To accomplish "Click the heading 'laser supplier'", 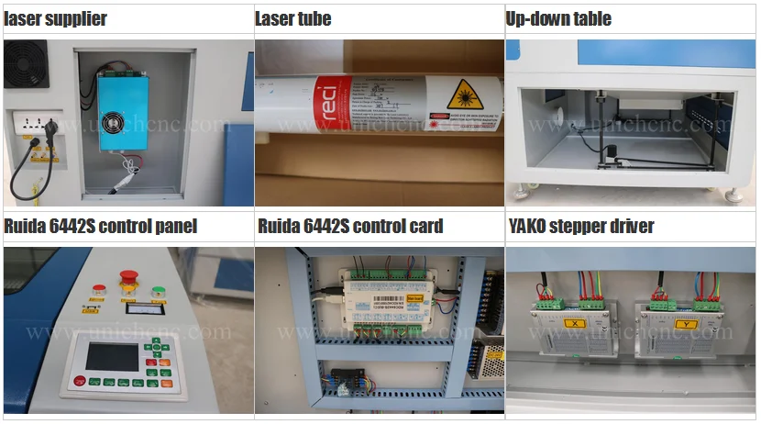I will (55, 18).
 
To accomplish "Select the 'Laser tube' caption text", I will (292, 18).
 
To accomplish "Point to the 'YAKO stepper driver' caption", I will (581, 226).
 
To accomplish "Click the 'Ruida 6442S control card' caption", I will (350, 226).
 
